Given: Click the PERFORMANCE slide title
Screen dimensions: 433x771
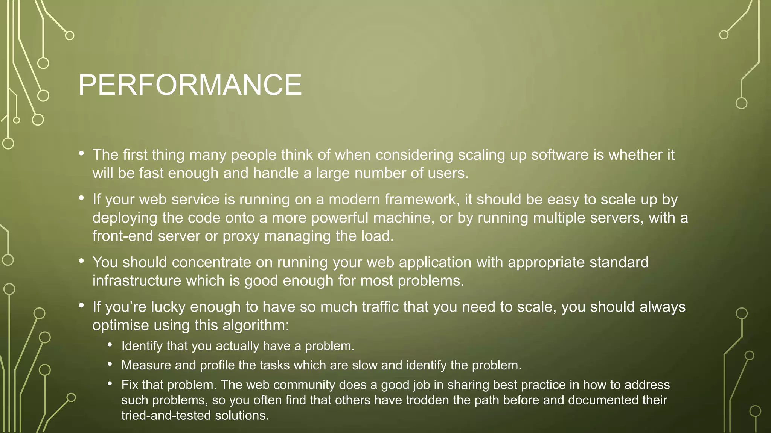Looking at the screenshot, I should click(190, 85).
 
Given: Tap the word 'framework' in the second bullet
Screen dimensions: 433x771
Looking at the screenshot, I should click(422, 199).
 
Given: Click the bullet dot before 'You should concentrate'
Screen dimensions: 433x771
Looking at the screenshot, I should click(81, 260).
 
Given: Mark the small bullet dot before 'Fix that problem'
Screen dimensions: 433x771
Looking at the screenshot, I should click(110, 383).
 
